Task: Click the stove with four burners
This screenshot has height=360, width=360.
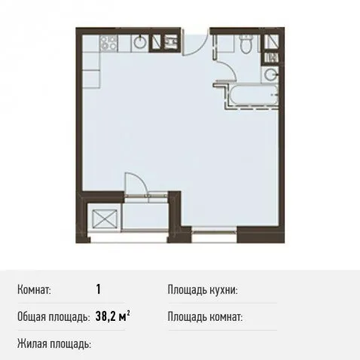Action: tap(108, 43)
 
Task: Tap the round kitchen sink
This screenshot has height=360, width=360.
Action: tap(140, 42)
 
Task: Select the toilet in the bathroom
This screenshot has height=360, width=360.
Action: tap(245, 43)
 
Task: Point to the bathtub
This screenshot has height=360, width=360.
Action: tap(253, 95)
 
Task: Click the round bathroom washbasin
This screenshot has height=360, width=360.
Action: tap(271, 74)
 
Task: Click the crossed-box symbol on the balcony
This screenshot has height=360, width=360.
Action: tap(105, 218)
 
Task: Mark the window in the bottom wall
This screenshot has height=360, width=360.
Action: tap(214, 231)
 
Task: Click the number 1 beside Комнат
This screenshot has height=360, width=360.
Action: tap(98, 289)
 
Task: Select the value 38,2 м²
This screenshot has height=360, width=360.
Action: tap(113, 316)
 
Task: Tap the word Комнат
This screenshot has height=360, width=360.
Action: tap(34, 290)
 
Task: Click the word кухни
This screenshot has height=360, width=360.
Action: tap(224, 290)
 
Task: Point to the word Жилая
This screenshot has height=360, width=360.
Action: tap(32, 343)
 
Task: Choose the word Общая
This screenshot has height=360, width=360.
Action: tap(32, 317)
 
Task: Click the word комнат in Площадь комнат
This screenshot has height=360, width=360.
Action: tap(226, 317)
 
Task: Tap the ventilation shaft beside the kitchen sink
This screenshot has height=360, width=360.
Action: tap(157, 42)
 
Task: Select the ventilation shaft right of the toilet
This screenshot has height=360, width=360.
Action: tap(272, 41)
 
